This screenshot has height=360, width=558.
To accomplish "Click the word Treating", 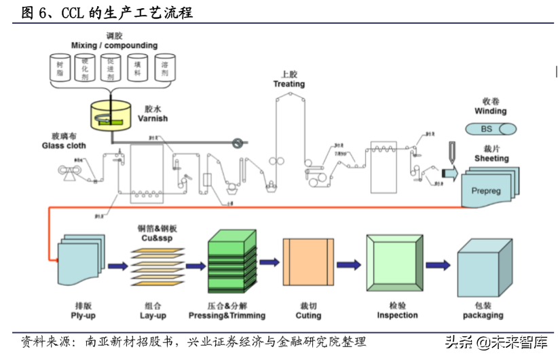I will (289, 84).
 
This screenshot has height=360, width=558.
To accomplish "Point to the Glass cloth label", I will (64, 145).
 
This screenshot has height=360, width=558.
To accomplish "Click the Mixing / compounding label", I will (114, 46).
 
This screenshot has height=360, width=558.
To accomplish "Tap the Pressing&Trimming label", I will (236, 316).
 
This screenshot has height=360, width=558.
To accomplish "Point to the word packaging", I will (483, 316).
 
